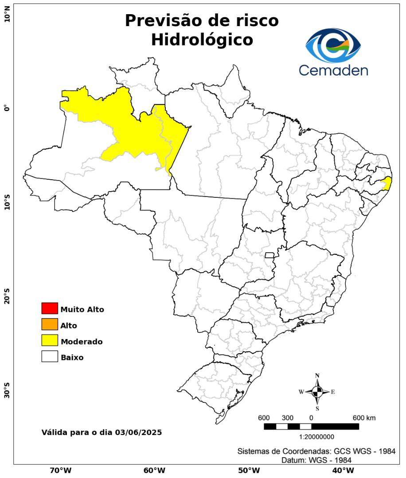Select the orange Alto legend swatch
click(50, 324)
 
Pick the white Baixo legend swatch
click(50, 357)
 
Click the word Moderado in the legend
click(82, 342)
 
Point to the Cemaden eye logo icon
click(333, 46)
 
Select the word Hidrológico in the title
click(202, 40)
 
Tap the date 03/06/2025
click(138, 432)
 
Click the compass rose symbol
click(317, 392)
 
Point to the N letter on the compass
click(317, 376)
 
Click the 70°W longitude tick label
click(60, 470)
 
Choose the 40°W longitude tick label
click(342, 470)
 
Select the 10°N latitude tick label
click(7, 16)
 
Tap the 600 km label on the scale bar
click(364, 418)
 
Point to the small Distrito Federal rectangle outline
click(269, 255)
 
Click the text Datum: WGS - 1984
click(316, 460)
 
